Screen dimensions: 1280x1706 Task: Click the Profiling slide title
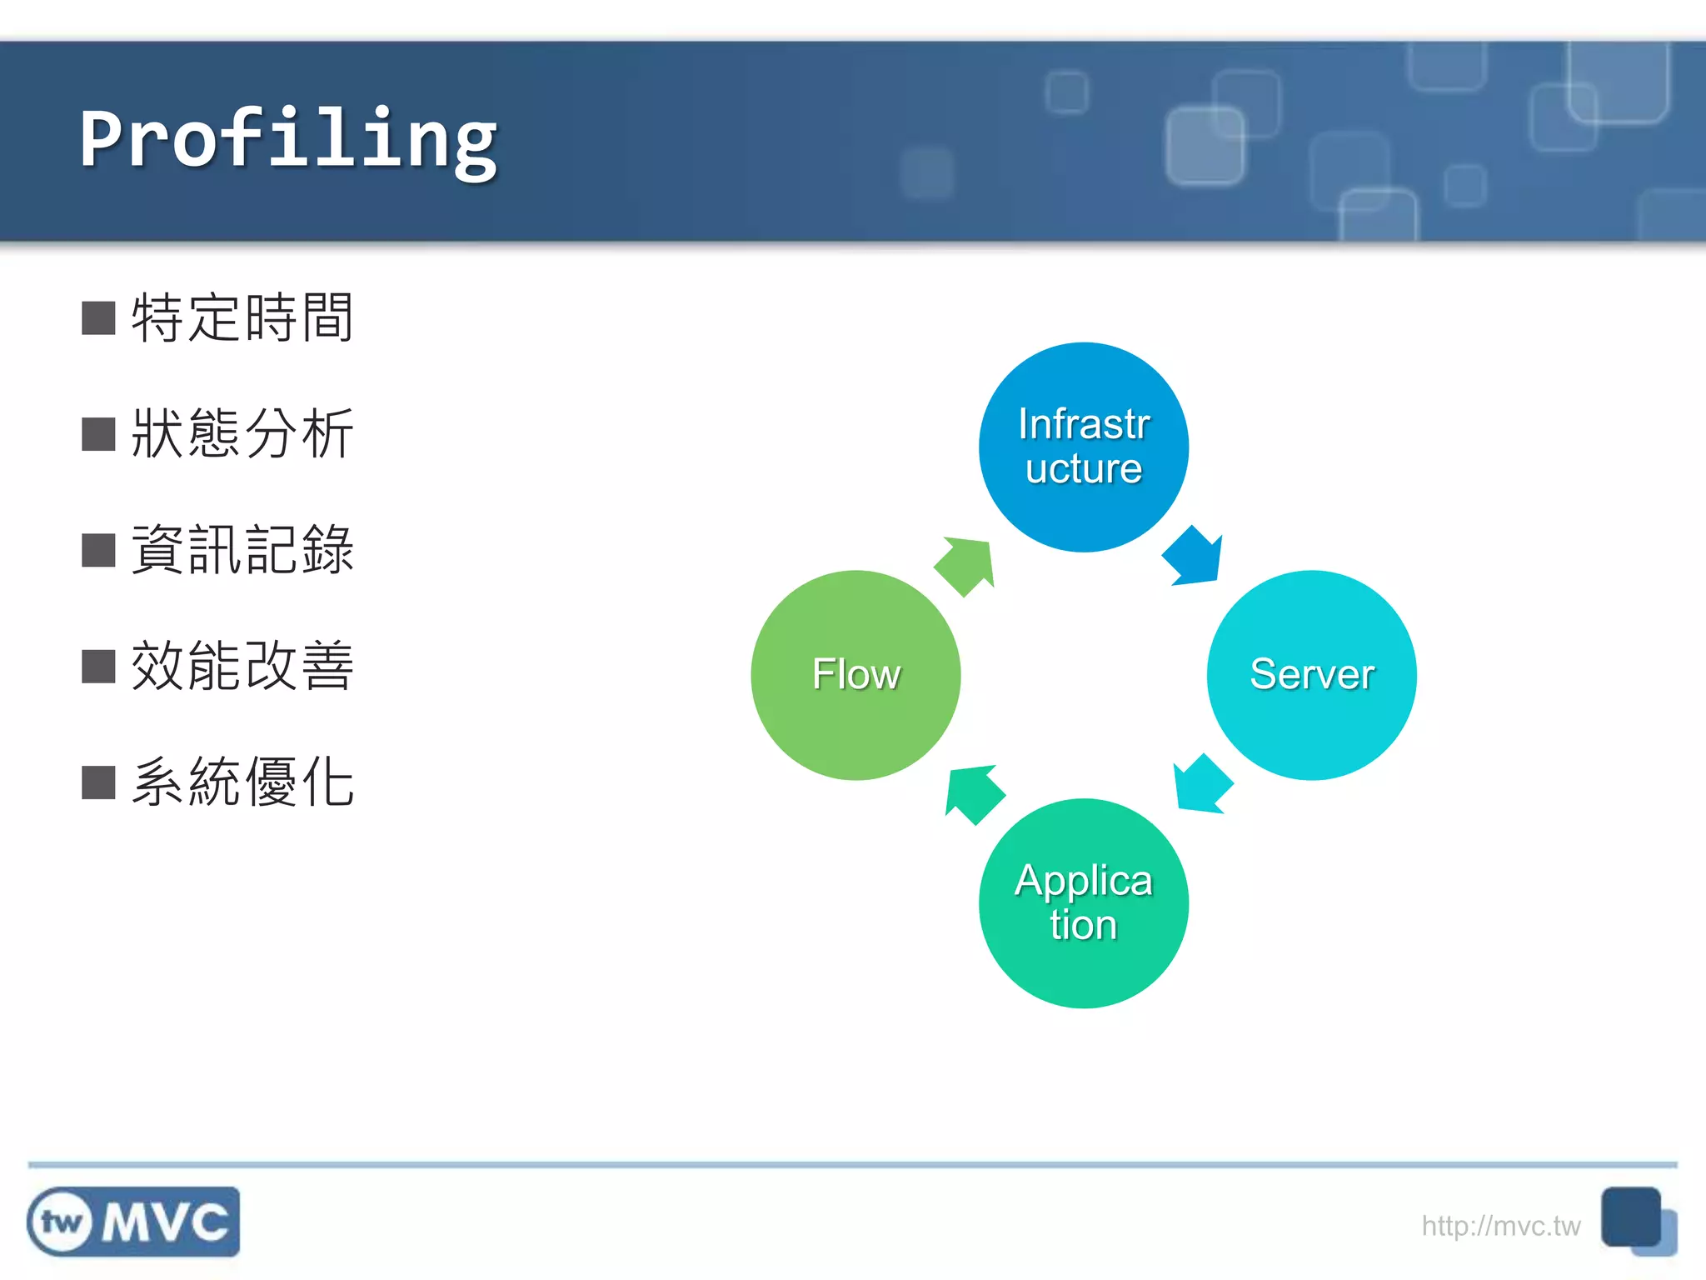click(x=288, y=140)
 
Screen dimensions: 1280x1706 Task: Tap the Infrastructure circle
click(x=1083, y=447)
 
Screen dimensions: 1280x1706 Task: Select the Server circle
click(x=1311, y=675)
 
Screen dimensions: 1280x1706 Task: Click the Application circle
click(x=1083, y=903)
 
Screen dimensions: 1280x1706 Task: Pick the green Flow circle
click(x=855, y=675)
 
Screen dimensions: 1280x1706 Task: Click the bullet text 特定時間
click(x=242, y=317)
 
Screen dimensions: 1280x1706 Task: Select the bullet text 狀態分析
click(x=242, y=433)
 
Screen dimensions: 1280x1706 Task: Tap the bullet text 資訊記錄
click(x=242, y=550)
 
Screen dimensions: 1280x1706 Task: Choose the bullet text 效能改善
click(x=242, y=666)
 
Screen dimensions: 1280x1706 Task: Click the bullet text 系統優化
click(x=242, y=782)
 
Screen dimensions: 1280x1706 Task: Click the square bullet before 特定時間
click(x=98, y=318)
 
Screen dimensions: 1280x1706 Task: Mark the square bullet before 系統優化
click(x=98, y=782)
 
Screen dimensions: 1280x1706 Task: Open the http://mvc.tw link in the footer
click(x=1500, y=1226)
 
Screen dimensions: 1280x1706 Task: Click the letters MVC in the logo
click(x=165, y=1222)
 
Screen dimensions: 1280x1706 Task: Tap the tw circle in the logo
click(x=62, y=1222)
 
